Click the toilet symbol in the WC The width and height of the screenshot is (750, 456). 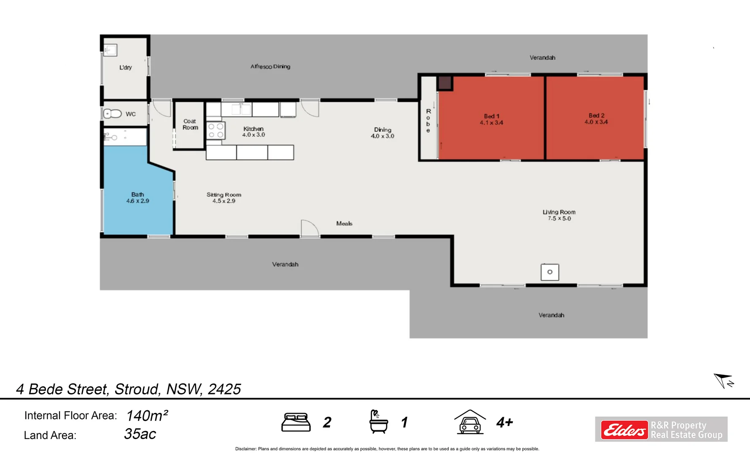(112, 114)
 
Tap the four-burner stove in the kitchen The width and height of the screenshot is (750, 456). (216, 130)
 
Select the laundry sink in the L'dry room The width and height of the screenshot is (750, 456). (110, 50)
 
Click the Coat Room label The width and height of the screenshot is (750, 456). (190, 124)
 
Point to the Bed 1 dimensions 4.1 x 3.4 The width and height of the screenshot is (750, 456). (491, 123)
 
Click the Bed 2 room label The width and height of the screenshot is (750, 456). (596, 115)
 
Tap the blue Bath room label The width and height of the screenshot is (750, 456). (138, 194)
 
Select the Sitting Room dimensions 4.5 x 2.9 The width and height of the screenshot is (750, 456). (224, 201)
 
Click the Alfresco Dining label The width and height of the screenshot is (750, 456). (270, 66)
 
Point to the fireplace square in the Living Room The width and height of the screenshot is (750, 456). (550, 272)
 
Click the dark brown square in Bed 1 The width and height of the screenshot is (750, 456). (445, 83)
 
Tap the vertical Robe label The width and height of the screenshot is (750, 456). (428, 121)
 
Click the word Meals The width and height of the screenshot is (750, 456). (344, 223)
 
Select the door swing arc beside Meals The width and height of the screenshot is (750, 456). (310, 228)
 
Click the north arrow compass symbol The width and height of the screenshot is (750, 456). (723, 380)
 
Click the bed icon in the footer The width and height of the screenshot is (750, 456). (296, 422)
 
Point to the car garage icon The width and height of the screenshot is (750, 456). (470, 422)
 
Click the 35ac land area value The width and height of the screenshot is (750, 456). (140, 434)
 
